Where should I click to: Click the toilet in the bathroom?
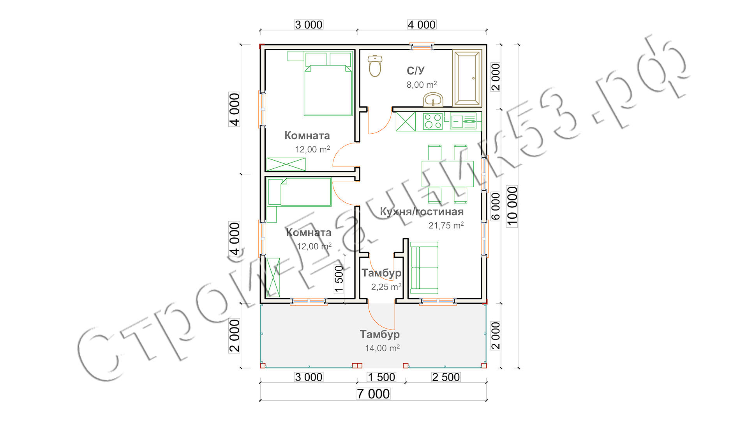click(x=375, y=66)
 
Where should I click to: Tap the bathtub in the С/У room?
click(x=467, y=78)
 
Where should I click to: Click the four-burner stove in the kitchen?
click(x=433, y=121)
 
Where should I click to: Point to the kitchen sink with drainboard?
click(x=463, y=121)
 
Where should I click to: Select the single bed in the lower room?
click(x=299, y=192)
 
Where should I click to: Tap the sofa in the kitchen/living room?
click(x=424, y=267)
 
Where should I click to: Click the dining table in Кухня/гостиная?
click(x=448, y=174)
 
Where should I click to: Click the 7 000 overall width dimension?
click(x=373, y=394)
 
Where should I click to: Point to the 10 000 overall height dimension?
click(x=512, y=206)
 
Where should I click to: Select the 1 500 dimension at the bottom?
click(x=381, y=377)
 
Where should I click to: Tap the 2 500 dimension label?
click(x=446, y=377)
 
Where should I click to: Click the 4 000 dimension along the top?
click(x=422, y=25)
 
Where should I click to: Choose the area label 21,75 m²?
click(x=446, y=225)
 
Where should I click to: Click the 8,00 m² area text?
click(x=422, y=85)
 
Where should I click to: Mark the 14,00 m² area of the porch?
click(x=382, y=348)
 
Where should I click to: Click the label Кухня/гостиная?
click(x=422, y=212)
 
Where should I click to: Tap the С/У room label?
click(x=416, y=71)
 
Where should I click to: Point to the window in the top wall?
click(x=422, y=47)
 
